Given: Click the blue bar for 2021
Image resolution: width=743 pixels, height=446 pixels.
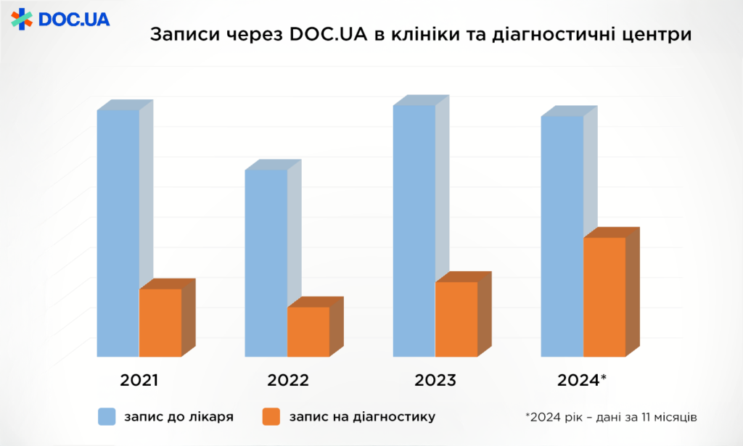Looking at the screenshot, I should tap(118, 232).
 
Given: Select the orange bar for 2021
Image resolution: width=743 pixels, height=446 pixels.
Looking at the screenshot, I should tap(160, 323).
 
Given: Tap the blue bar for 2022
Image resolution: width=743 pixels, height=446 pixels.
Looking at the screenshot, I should tap(266, 263).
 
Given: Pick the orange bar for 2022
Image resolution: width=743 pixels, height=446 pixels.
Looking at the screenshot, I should tap(308, 331).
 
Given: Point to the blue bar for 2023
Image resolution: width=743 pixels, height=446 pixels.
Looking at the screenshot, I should tap(414, 231).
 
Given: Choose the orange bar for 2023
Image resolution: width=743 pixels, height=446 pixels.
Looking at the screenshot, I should tap(456, 319).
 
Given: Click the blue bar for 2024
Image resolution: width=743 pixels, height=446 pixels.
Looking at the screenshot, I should tap(562, 236).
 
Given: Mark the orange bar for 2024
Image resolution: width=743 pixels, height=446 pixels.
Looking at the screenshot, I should tap(604, 297).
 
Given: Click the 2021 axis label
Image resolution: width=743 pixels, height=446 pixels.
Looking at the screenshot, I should tap(139, 381).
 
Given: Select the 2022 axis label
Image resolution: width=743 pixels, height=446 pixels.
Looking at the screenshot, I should tap(288, 381).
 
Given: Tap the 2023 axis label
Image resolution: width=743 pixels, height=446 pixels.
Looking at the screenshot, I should tap(435, 381).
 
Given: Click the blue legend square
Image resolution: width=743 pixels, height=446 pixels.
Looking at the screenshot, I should tap(107, 416).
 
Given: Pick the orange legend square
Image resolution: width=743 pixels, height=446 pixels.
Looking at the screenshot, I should tap(271, 416).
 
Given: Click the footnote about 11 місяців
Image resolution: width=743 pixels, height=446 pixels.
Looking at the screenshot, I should tap(612, 417).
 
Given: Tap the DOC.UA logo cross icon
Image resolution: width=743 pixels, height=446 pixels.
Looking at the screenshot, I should tap(22, 20).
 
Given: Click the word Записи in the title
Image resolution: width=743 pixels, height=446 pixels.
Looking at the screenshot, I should tap(178, 36).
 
